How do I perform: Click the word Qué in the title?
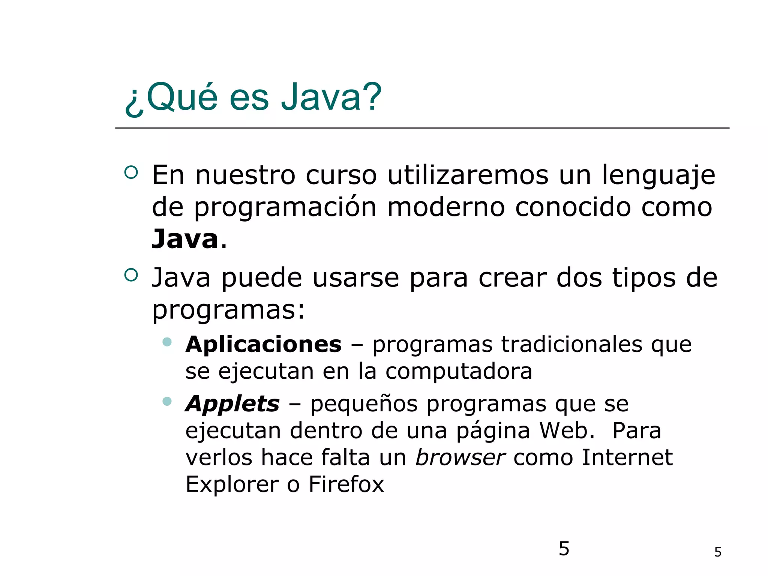(x=182, y=97)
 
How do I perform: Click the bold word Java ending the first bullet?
(x=185, y=239)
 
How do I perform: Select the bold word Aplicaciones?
(x=263, y=344)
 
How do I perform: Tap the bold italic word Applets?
(x=232, y=404)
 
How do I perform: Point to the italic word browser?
(x=460, y=457)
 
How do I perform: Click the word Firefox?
(x=346, y=484)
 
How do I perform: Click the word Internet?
(x=627, y=457)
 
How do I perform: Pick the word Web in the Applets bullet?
(x=567, y=430)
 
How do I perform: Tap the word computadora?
(x=459, y=371)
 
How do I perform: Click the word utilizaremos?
(x=468, y=175)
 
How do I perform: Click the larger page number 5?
(x=564, y=549)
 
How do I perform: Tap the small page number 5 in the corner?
(x=718, y=552)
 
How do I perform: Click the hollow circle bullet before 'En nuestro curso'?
(x=131, y=172)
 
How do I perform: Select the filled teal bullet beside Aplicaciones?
(x=167, y=342)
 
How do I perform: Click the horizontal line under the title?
(x=422, y=128)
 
